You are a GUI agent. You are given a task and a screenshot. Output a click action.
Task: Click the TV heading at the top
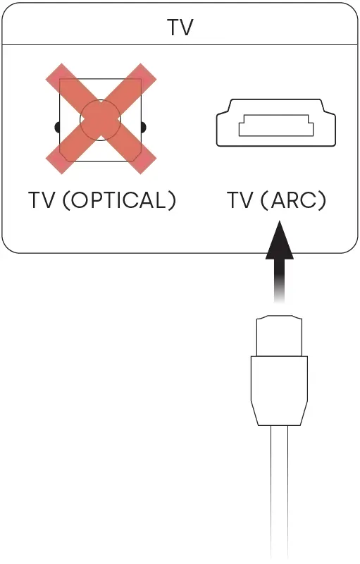(180, 27)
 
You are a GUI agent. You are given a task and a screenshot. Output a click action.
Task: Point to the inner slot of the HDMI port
(276, 125)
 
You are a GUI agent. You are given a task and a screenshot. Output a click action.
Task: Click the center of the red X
(101, 119)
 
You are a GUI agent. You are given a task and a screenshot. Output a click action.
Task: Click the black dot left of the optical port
(57, 128)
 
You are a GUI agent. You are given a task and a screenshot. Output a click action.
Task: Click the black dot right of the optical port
(144, 128)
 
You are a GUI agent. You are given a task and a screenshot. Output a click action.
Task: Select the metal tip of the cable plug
(279, 336)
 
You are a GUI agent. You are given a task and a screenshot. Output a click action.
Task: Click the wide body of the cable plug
(279, 379)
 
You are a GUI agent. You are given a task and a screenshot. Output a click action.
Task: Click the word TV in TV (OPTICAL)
(42, 200)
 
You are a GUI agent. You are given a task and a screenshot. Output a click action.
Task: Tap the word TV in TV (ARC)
(241, 200)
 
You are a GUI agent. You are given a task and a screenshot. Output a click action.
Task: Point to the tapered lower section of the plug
(279, 414)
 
